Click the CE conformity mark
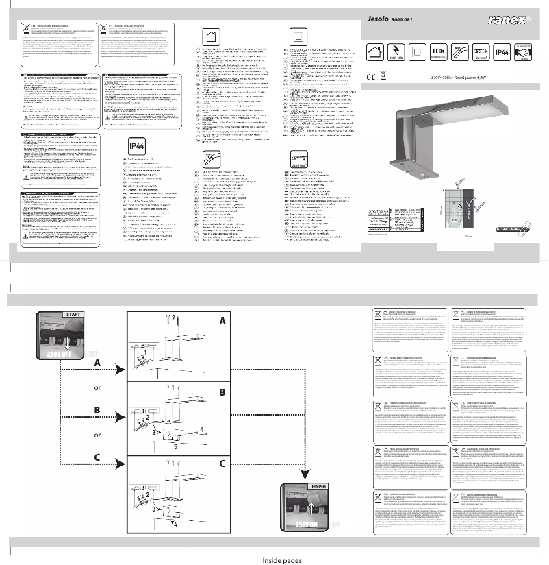370,77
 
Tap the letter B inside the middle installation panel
222,392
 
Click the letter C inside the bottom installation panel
222,464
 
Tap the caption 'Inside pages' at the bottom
282,560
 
